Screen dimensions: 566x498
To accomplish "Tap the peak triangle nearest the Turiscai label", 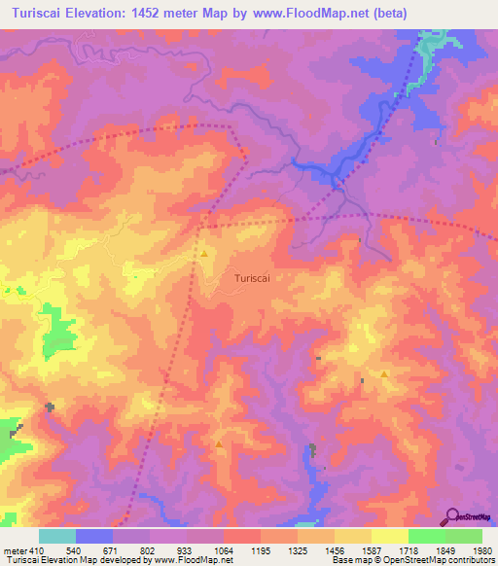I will [205, 254].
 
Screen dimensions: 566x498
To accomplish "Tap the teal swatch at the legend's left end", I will [57, 536].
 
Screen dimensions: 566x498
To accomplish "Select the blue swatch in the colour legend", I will [94, 536].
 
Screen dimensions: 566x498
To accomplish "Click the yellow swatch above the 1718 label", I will [390, 536].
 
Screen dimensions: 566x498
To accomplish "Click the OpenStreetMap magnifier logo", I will [452, 515].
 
